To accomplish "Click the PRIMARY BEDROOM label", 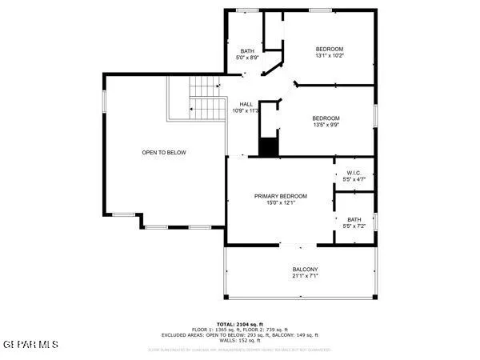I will [281, 196].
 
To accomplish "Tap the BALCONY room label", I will [305, 270].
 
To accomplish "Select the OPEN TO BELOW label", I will [164, 152].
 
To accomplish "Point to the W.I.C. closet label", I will [354, 174].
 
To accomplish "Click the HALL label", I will [246, 104].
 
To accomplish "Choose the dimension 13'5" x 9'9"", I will [326, 125].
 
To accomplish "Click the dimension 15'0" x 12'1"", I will [281, 203].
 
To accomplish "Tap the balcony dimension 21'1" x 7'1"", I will [305, 277].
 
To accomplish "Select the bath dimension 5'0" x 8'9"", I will [246, 58].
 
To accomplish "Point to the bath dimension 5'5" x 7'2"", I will [354, 227].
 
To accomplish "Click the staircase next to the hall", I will [205, 98].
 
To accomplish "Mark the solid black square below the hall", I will [269, 147].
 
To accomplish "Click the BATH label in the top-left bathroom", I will [246, 51].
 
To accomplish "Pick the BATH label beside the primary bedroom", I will [354, 220].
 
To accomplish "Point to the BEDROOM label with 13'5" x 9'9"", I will [326, 118].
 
